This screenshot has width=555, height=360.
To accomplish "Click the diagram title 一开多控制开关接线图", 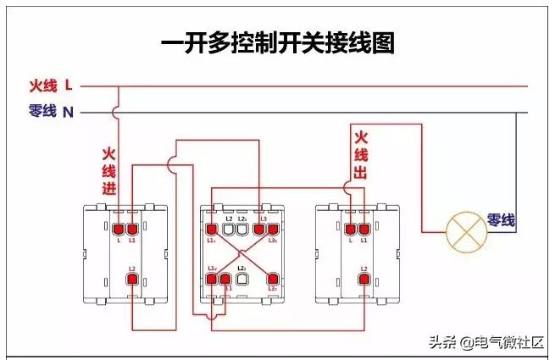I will pyautogui.click(x=278, y=43).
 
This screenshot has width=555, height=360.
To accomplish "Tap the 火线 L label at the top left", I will pyautogui.click(x=51, y=86).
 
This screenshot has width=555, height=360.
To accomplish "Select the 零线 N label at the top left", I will pyautogui.click(x=51, y=111).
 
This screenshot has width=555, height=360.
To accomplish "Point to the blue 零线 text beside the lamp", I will pyautogui.click(x=501, y=219).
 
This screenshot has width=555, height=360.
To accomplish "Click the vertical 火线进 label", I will pyautogui.click(x=108, y=171).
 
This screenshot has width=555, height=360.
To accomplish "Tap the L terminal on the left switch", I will pyautogui.click(x=118, y=228).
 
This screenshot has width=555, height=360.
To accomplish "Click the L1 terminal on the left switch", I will pyautogui.click(x=132, y=228).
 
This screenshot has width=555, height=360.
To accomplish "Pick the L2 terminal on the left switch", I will pyautogui.click(x=132, y=280).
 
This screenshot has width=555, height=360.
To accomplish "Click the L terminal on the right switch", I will pyautogui.click(x=350, y=228).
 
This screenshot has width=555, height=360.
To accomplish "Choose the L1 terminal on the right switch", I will pyautogui.click(x=364, y=228).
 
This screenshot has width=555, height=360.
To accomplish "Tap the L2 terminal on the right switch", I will pyautogui.click(x=364, y=280).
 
